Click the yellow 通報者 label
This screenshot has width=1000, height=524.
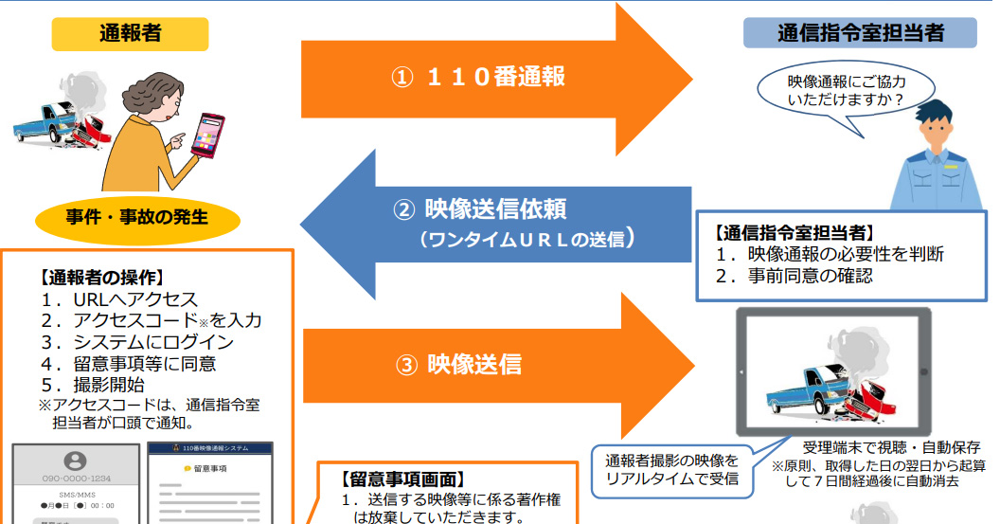pos(130,34)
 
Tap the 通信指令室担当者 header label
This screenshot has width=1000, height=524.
pos(860,33)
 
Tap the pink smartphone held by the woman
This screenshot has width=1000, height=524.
pos(208,134)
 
